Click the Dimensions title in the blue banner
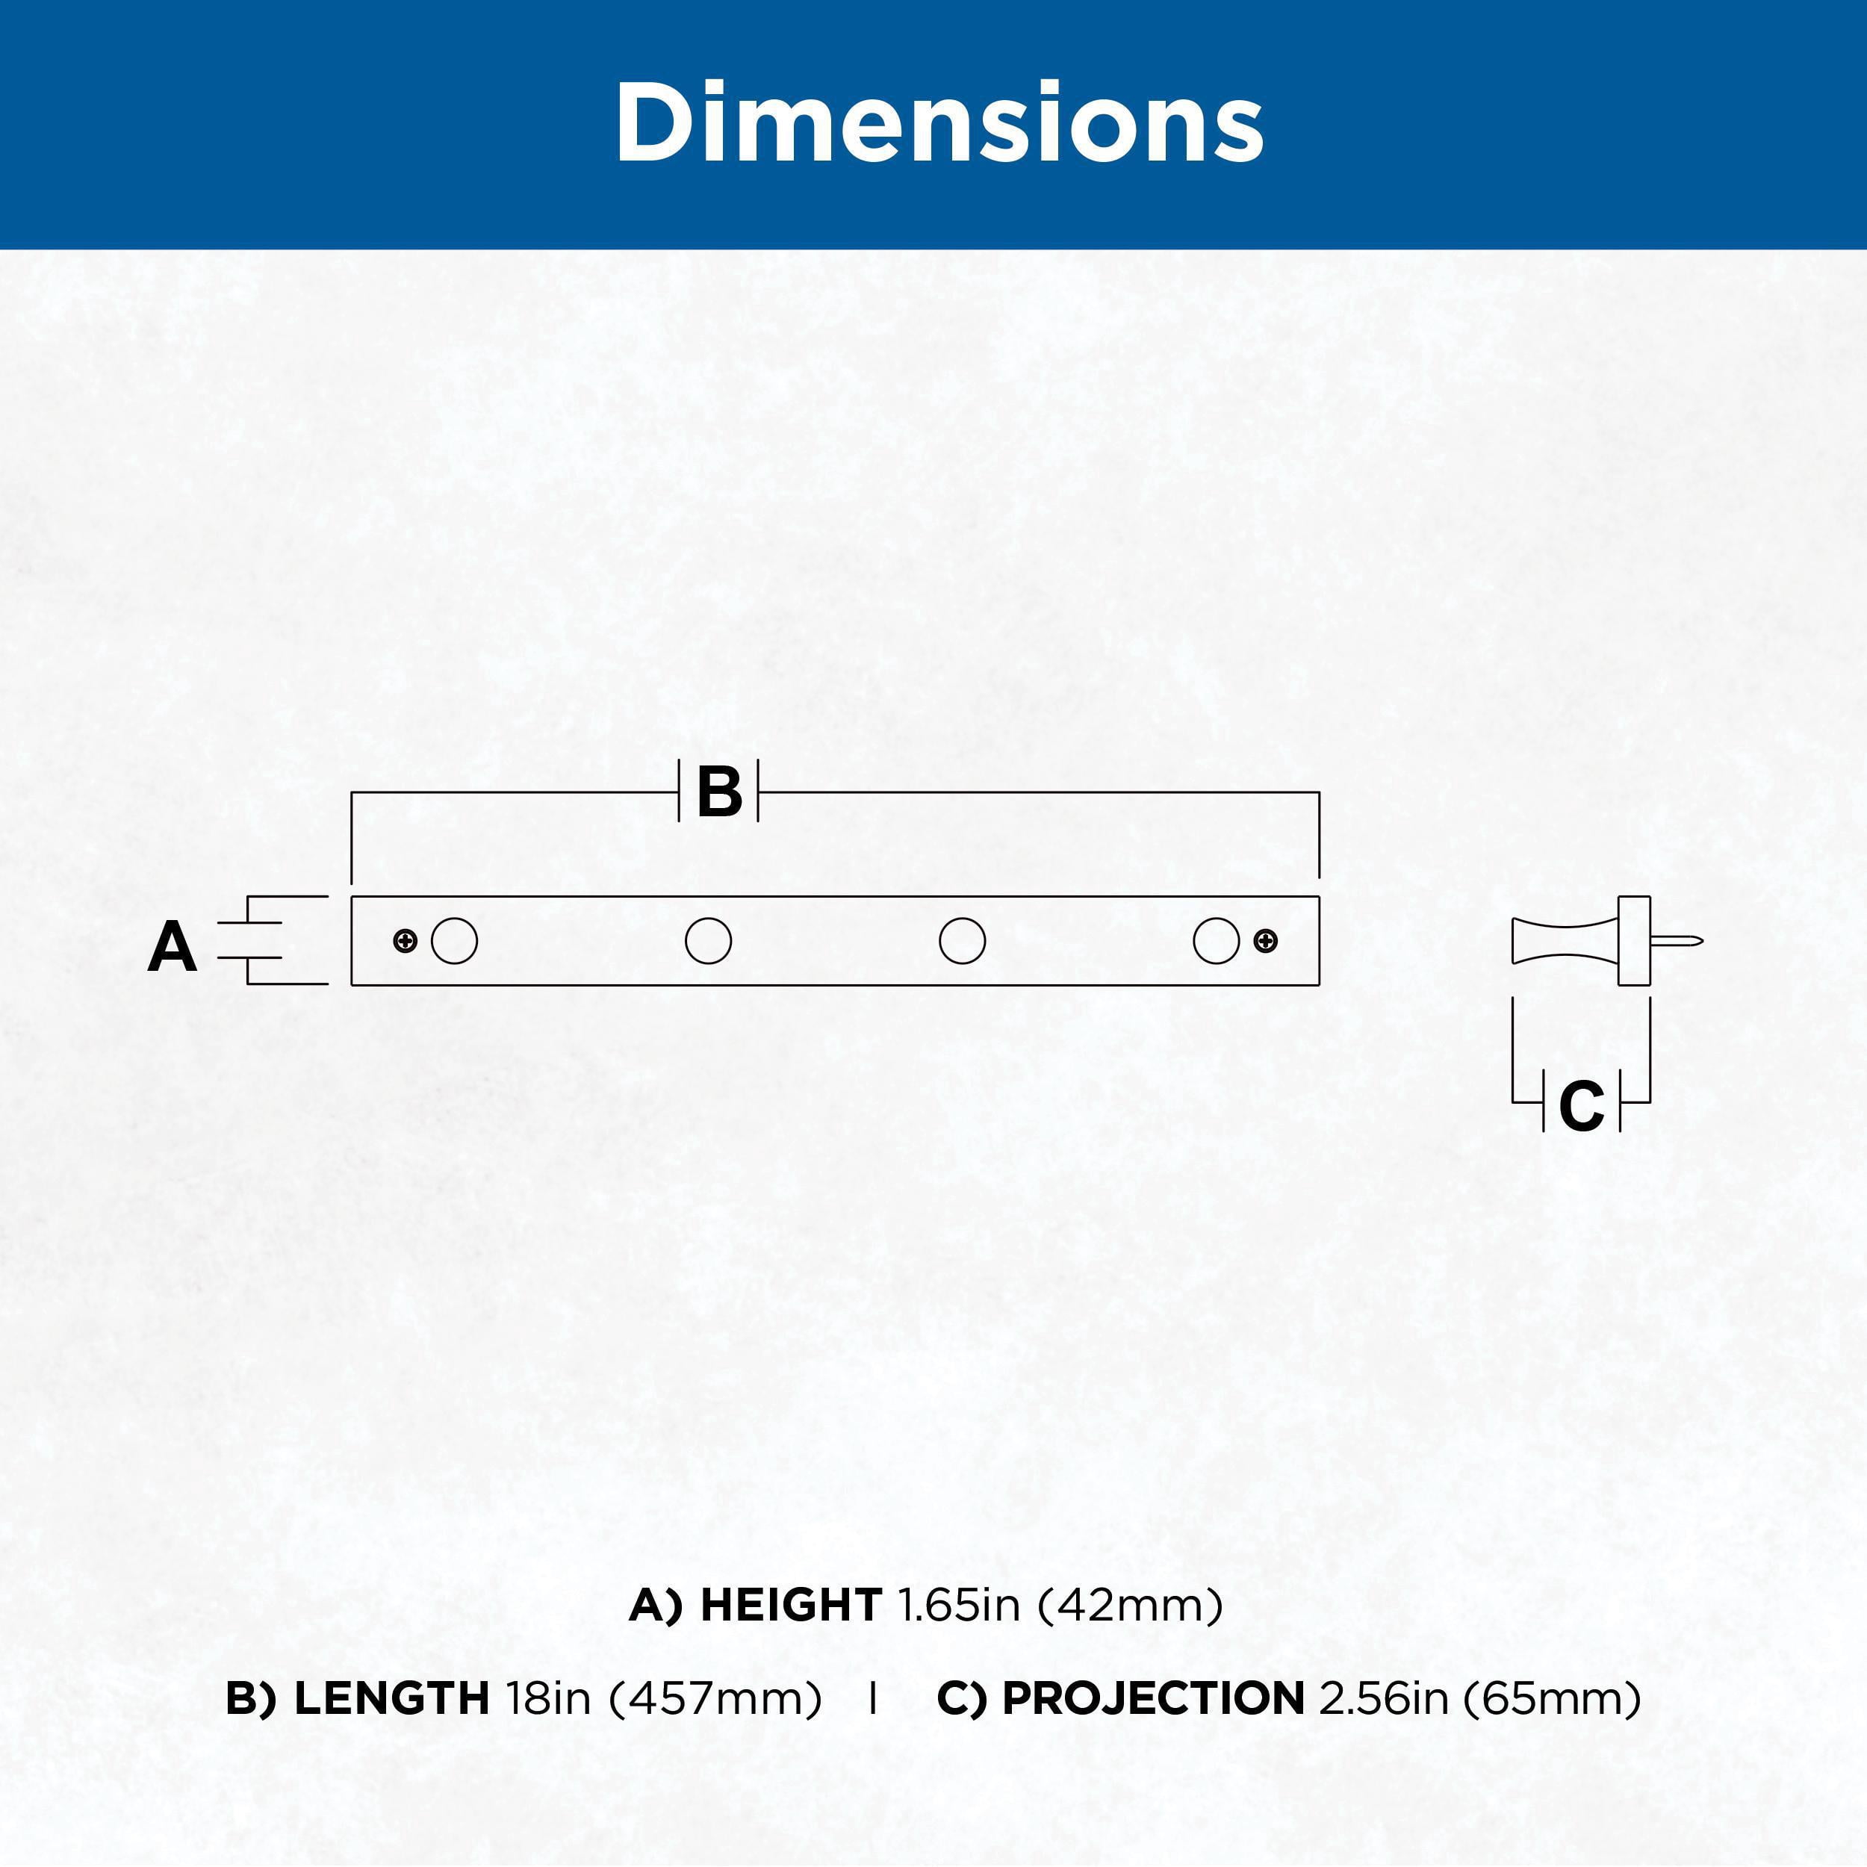[938, 122]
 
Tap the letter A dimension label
[172, 947]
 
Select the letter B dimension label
[719, 792]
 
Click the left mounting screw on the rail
[406, 940]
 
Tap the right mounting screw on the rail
[1266, 940]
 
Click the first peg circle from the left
[454, 940]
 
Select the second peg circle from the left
[708, 940]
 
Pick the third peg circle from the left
[963, 940]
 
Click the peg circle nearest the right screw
[1217, 940]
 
